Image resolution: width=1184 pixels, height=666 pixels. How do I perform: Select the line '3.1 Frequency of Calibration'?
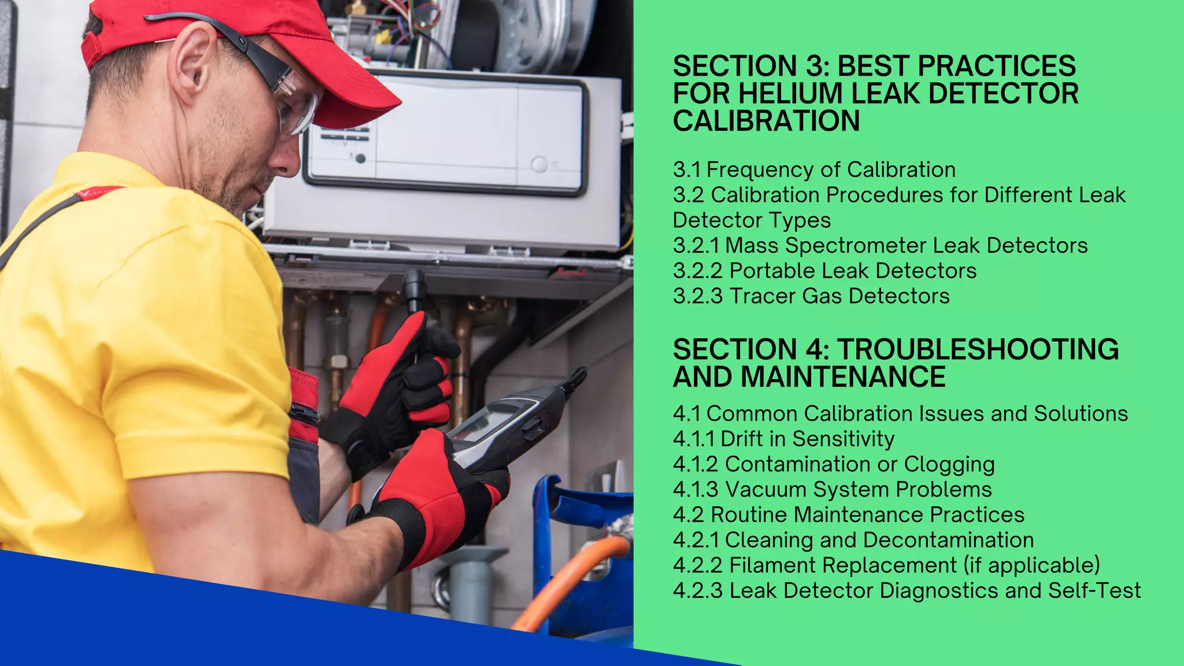point(814,169)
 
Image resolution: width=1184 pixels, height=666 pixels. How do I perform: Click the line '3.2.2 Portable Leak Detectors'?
point(824,271)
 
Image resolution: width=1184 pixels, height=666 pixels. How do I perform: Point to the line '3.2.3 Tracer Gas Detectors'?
point(811,296)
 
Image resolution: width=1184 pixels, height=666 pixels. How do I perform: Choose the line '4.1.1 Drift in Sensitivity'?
point(783,439)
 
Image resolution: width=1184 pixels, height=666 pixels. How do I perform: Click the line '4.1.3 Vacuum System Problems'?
point(832,489)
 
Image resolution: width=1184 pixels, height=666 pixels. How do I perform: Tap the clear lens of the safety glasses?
point(298,107)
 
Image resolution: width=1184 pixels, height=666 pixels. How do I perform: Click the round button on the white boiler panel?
point(539,164)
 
